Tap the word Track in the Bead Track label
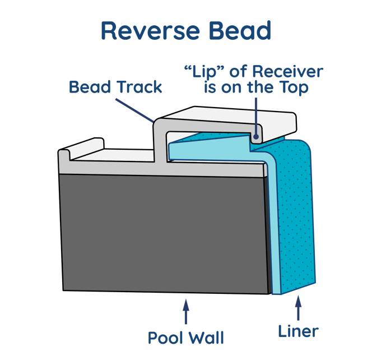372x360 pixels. pyautogui.click(x=137, y=87)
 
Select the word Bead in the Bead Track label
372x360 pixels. pyautogui.click(x=88, y=87)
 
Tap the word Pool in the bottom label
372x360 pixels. pyautogui.click(x=166, y=338)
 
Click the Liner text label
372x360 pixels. pyautogui.click(x=299, y=332)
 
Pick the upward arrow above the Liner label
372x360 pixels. pyautogui.click(x=298, y=310)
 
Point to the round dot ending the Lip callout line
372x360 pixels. pyautogui.click(x=256, y=135)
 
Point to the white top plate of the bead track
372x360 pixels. pyautogui.click(x=235, y=118)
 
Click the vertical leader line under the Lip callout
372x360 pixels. pyautogui.click(x=256, y=115)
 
